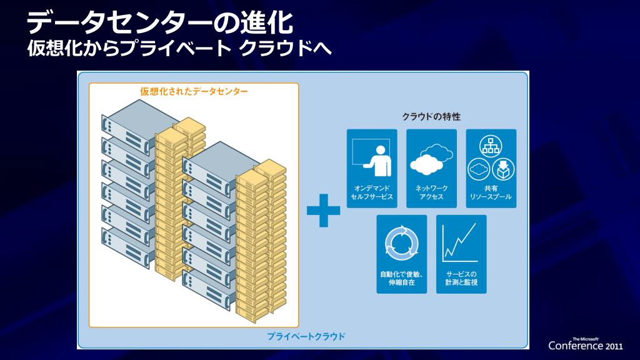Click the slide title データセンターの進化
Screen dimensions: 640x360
pyautogui.click(x=160, y=23)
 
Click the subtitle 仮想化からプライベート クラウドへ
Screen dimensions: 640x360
pyautogui.click(x=178, y=48)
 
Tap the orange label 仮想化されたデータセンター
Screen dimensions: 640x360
pyautogui.click(x=194, y=91)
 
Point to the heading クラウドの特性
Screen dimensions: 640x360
pyautogui.click(x=431, y=116)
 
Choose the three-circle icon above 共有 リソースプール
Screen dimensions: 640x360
pyautogui.click(x=491, y=159)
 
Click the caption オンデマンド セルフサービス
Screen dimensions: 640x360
pyautogui.click(x=372, y=192)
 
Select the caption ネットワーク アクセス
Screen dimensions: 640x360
pyautogui.click(x=431, y=192)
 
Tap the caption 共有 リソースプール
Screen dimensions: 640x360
pyautogui.click(x=491, y=192)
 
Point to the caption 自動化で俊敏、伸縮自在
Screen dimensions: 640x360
pyautogui.click(x=401, y=278)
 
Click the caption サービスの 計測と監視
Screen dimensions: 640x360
pyautogui.click(x=461, y=278)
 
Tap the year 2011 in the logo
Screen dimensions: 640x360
pyautogui.click(x=614, y=346)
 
